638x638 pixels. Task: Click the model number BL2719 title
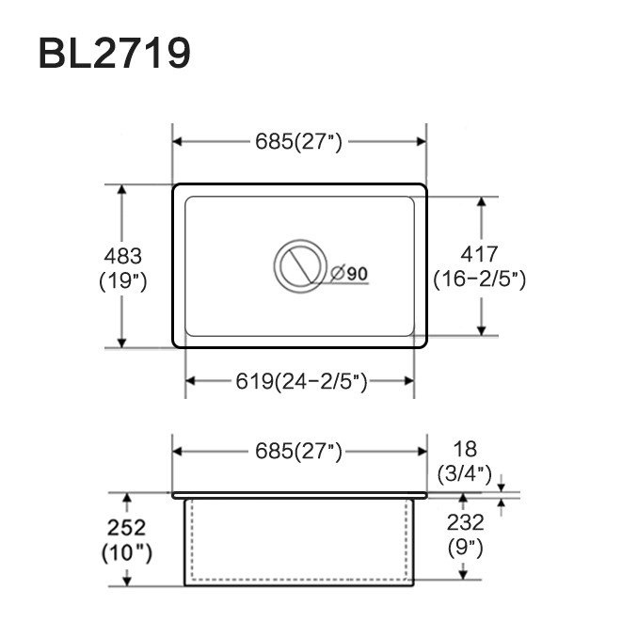click(115, 54)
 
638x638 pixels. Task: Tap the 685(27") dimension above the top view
click(298, 142)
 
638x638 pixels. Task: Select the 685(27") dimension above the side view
click(298, 452)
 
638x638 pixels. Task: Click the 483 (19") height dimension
click(123, 268)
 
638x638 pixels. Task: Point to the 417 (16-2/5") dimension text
click(479, 266)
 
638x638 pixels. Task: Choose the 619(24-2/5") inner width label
click(301, 382)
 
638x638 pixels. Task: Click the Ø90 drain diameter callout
click(349, 274)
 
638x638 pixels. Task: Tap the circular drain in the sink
click(300, 266)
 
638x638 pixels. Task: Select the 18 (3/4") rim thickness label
click(465, 461)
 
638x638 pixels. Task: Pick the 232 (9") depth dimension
click(466, 535)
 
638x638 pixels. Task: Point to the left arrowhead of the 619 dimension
click(190, 381)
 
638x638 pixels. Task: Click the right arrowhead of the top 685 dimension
click(422, 142)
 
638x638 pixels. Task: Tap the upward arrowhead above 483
click(121, 190)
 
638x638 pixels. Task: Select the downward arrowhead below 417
click(482, 331)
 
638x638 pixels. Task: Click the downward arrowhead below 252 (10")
click(127, 581)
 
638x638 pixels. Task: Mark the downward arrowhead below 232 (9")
click(463, 575)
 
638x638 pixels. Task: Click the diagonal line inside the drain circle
click(299, 265)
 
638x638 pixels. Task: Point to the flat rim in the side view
click(299, 495)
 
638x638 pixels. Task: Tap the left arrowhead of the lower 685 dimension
click(178, 452)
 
